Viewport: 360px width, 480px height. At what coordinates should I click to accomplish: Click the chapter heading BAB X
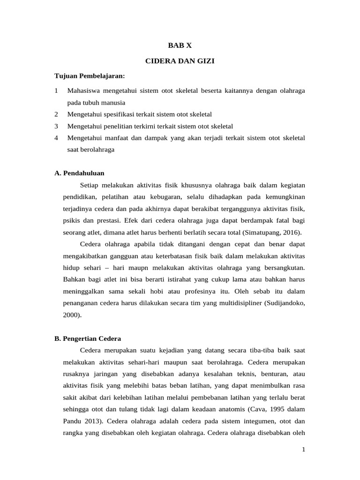(180, 45)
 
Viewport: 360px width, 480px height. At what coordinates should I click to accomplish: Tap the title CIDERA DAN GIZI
(180, 61)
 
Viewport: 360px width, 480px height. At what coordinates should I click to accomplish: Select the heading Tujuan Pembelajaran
(90, 76)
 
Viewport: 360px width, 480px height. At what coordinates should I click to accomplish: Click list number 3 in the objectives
(56, 126)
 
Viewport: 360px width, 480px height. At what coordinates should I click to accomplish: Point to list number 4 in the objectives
(56, 138)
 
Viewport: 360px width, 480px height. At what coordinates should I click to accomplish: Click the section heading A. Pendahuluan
(79, 173)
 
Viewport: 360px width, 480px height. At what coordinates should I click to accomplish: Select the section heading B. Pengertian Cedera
(88, 338)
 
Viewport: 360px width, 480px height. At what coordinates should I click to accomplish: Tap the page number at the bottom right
(303, 450)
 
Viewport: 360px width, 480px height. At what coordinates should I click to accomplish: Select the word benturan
(277, 375)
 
